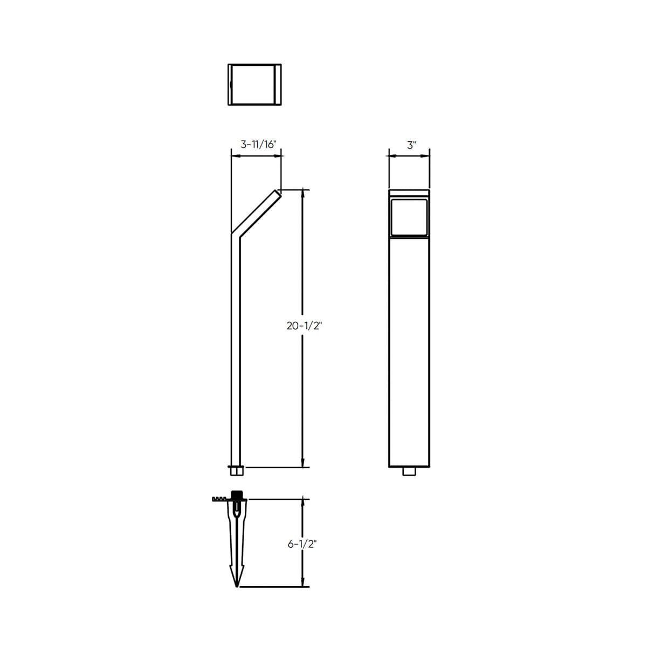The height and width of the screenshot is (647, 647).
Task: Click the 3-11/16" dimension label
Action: (258, 144)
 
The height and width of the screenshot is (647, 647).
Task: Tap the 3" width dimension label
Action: (412, 145)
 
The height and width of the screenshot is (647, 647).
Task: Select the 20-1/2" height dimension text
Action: (304, 326)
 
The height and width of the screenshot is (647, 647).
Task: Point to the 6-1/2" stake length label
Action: (301, 544)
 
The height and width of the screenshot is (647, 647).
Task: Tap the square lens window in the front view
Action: (409, 217)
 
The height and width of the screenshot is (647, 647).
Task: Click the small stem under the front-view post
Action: (409, 472)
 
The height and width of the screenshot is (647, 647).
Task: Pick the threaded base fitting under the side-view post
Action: (236, 470)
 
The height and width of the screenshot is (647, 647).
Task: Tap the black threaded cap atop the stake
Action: (236, 495)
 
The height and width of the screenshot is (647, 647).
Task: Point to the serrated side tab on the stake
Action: (220, 499)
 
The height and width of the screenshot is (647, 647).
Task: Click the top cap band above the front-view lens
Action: (409, 194)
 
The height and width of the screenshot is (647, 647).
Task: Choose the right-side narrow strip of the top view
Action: (279, 85)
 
